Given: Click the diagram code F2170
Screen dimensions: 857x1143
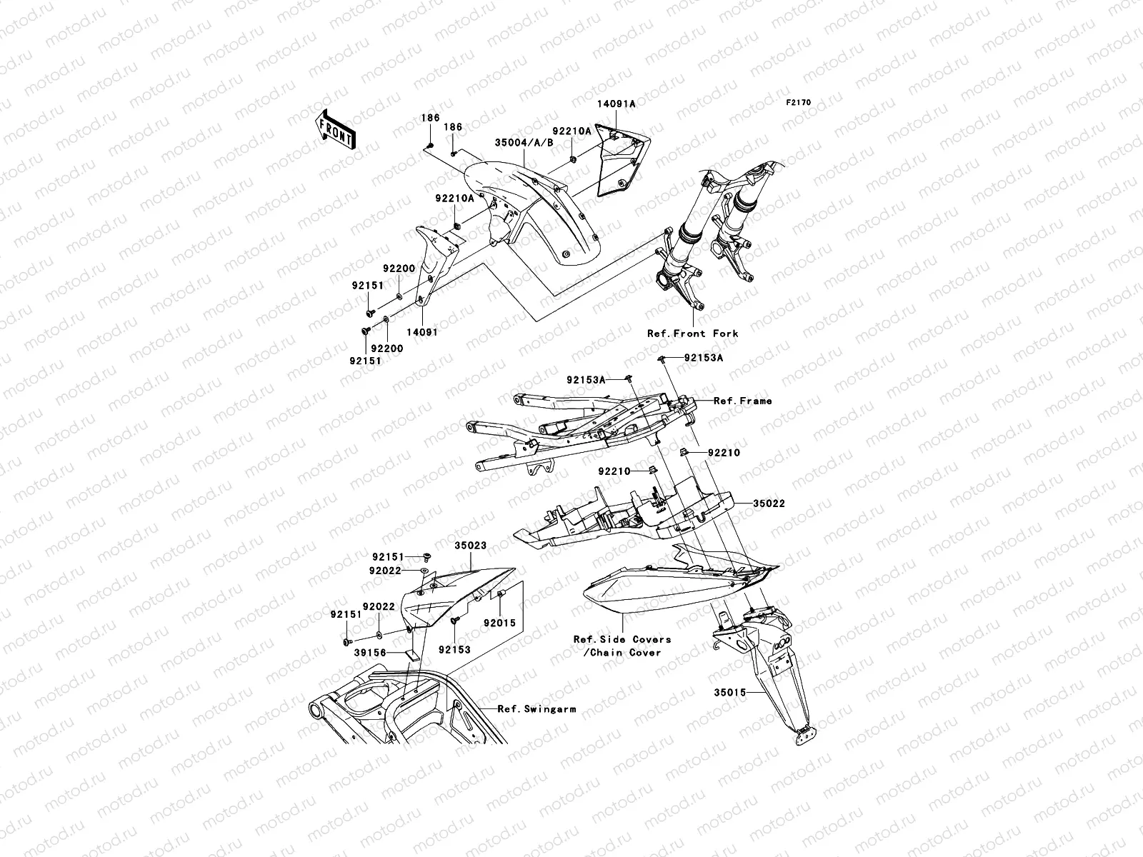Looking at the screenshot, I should click(799, 103).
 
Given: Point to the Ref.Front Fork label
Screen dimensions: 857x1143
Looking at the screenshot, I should click(692, 334).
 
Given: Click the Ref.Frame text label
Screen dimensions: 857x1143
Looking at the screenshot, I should click(743, 401).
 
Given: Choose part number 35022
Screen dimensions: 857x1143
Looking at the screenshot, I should click(769, 503).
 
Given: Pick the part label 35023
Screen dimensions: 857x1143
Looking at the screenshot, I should click(471, 546).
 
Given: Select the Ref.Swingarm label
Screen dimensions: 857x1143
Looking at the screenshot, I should click(536, 709).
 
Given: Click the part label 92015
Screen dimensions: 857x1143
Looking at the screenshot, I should click(499, 623).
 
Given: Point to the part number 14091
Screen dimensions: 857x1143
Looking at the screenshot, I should click(423, 332).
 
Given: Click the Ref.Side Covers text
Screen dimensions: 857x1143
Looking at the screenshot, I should click(622, 640).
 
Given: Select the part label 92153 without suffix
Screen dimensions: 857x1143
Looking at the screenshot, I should click(454, 650).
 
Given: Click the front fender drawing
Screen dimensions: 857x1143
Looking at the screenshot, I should click(543, 207).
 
